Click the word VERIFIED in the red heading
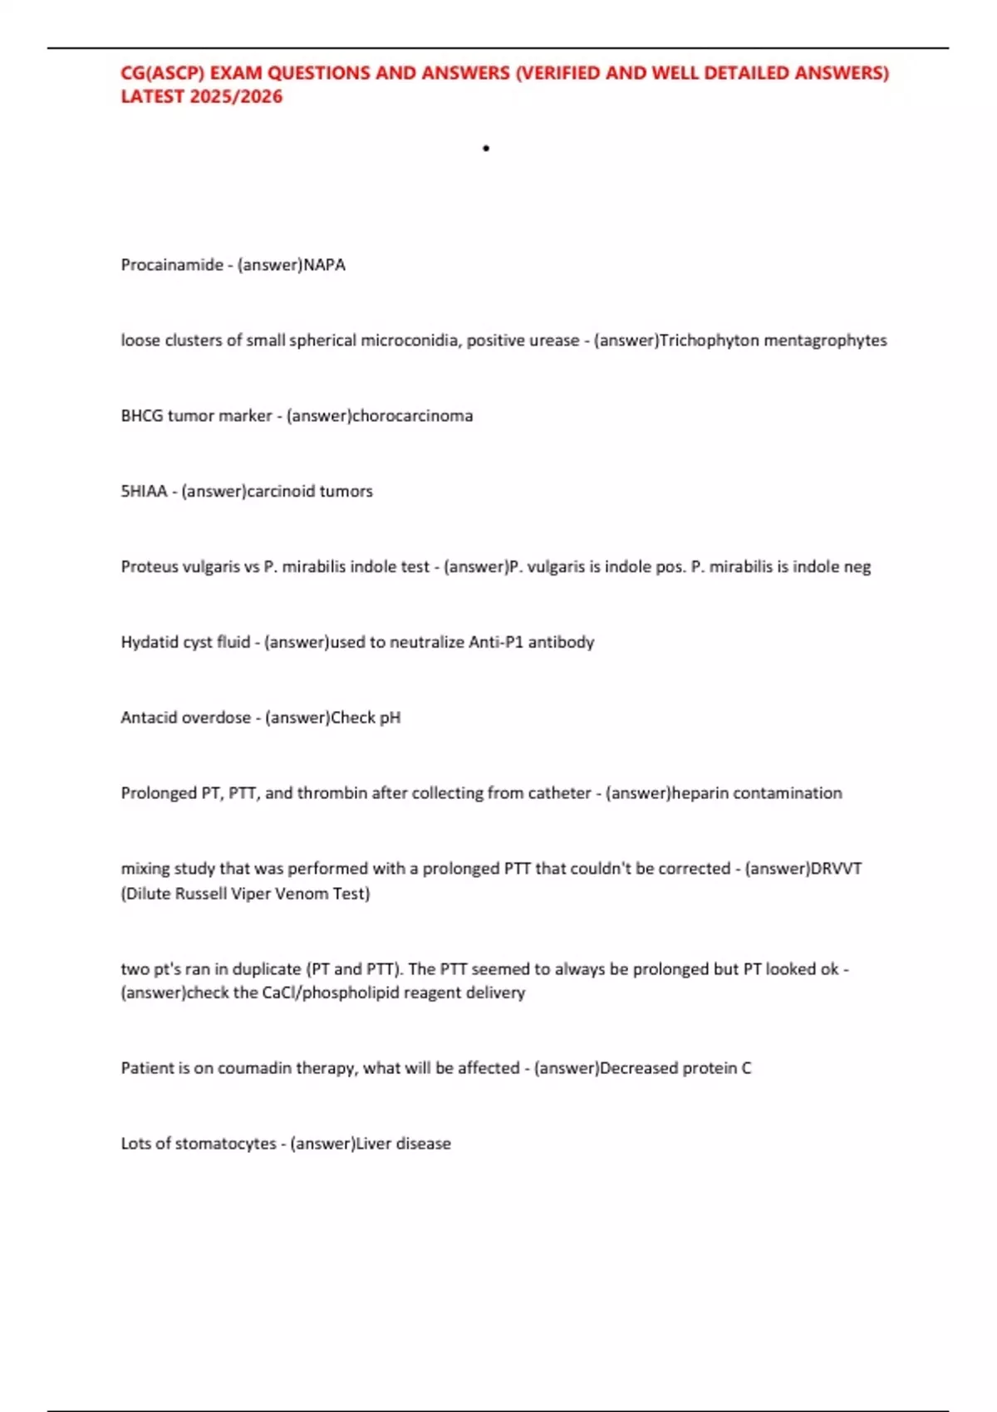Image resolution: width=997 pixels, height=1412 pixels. pyautogui.click(x=559, y=73)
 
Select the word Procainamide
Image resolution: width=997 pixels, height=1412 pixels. pyautogui.click(x=172, y=265)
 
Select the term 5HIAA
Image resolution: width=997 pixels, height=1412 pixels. pyautogui.click(x=144, y=492)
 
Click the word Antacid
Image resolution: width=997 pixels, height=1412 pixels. pyautogui.click(x=149, y=718)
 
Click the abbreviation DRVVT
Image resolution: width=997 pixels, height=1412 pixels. pyautogui.click(x=836, y=869)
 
